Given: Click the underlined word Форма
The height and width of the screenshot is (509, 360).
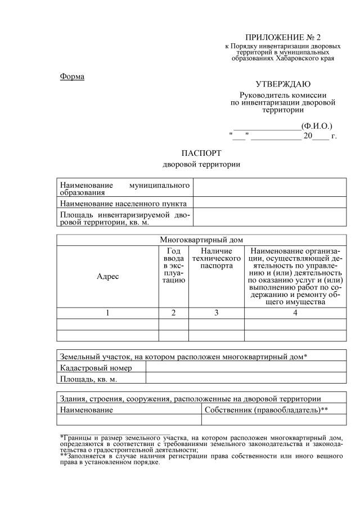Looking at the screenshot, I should coord(72,76).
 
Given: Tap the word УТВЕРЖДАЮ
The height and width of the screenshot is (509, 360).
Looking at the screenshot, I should coord(282,84).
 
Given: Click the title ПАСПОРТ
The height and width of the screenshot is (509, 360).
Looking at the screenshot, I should coord(201,153).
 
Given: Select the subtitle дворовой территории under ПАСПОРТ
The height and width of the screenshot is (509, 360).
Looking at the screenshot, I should coord(201,165).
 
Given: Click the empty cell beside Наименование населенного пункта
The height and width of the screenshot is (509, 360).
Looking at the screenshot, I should coord(269,203).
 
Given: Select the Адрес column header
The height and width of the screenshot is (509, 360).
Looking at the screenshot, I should coord(107,276).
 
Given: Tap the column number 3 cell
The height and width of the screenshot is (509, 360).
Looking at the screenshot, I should coord(216,313).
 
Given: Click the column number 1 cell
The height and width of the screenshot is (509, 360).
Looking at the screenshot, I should coord(107,313).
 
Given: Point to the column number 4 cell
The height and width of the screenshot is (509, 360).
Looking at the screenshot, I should coord(295,313).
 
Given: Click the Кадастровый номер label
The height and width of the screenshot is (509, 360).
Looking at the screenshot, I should coord(96,368).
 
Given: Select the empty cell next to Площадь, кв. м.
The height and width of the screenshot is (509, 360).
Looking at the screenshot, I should coord(246,379).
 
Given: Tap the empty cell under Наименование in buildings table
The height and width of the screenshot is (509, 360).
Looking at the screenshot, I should coord(129,420).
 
